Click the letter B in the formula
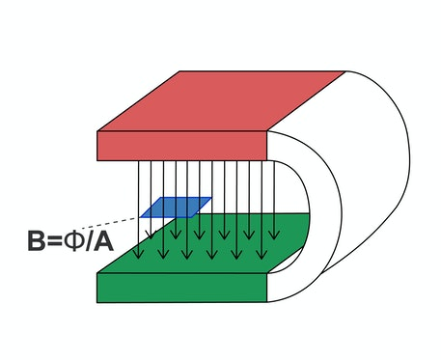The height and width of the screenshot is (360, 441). click(x=39, y=240)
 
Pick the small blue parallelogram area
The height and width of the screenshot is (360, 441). click(x=175, y=208)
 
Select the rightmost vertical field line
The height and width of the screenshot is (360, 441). click(x=275, y=193)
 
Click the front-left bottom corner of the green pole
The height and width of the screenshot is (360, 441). click(x=98, y=301)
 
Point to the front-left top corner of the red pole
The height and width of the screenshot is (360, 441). click(x=98, y=132)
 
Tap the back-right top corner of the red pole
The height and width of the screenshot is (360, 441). click(x=345, y=71)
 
